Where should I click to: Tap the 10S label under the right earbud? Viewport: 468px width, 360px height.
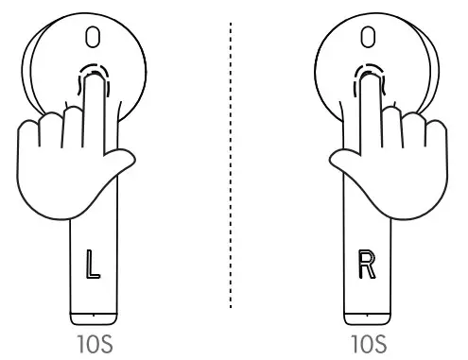click(x=366, y=342)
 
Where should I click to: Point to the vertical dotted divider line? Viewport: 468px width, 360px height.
click(x=231, y=170)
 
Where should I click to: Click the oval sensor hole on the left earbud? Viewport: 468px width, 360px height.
click(x=92, y=37)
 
